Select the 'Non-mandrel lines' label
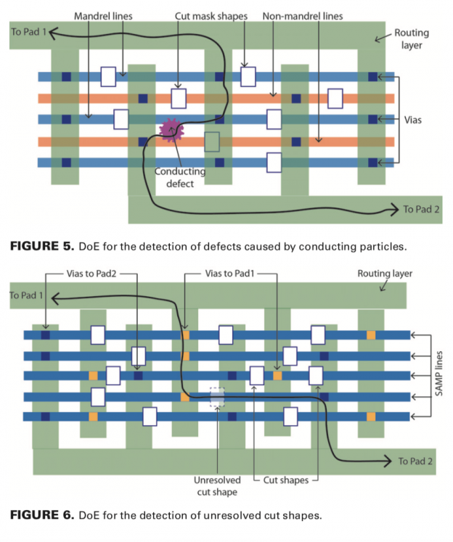(303, 15)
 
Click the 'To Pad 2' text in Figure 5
(422, 210)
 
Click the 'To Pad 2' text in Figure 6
(417, 461)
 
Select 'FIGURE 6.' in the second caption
(41, 515)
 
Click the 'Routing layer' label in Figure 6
(384, 274)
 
